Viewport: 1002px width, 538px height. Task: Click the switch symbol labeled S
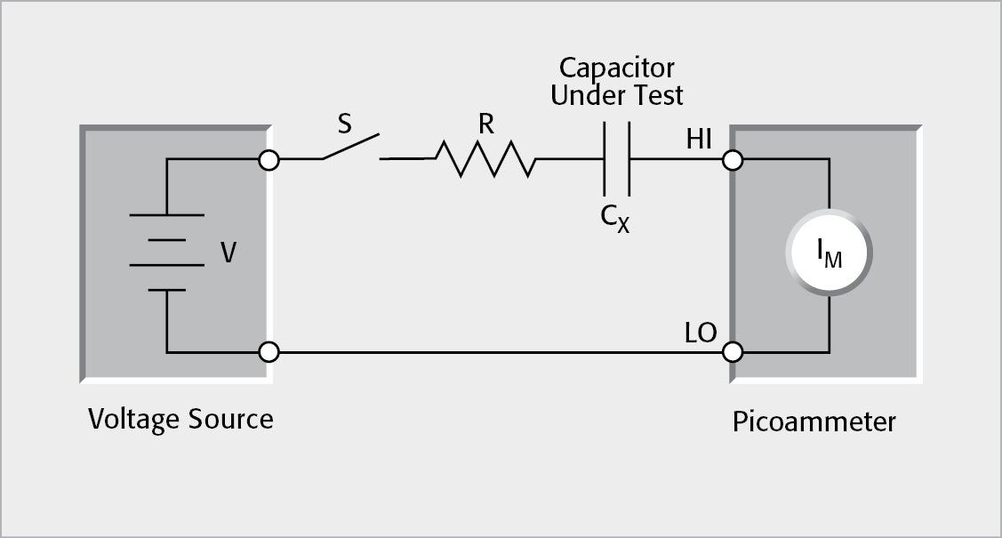point(351,149)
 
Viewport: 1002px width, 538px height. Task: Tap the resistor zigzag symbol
point(485,160)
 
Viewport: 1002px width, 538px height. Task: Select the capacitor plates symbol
point(616,160)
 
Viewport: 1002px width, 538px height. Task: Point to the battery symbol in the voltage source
point(166,253)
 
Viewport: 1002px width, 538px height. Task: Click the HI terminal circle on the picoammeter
point(732,161)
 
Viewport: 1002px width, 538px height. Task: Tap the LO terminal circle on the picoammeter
point(732,352)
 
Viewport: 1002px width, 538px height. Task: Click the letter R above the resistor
point(485,124)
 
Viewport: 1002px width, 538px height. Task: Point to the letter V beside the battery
point(228,254)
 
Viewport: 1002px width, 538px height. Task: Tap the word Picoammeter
point(814,422)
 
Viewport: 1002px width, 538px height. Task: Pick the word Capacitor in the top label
point(616,68)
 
